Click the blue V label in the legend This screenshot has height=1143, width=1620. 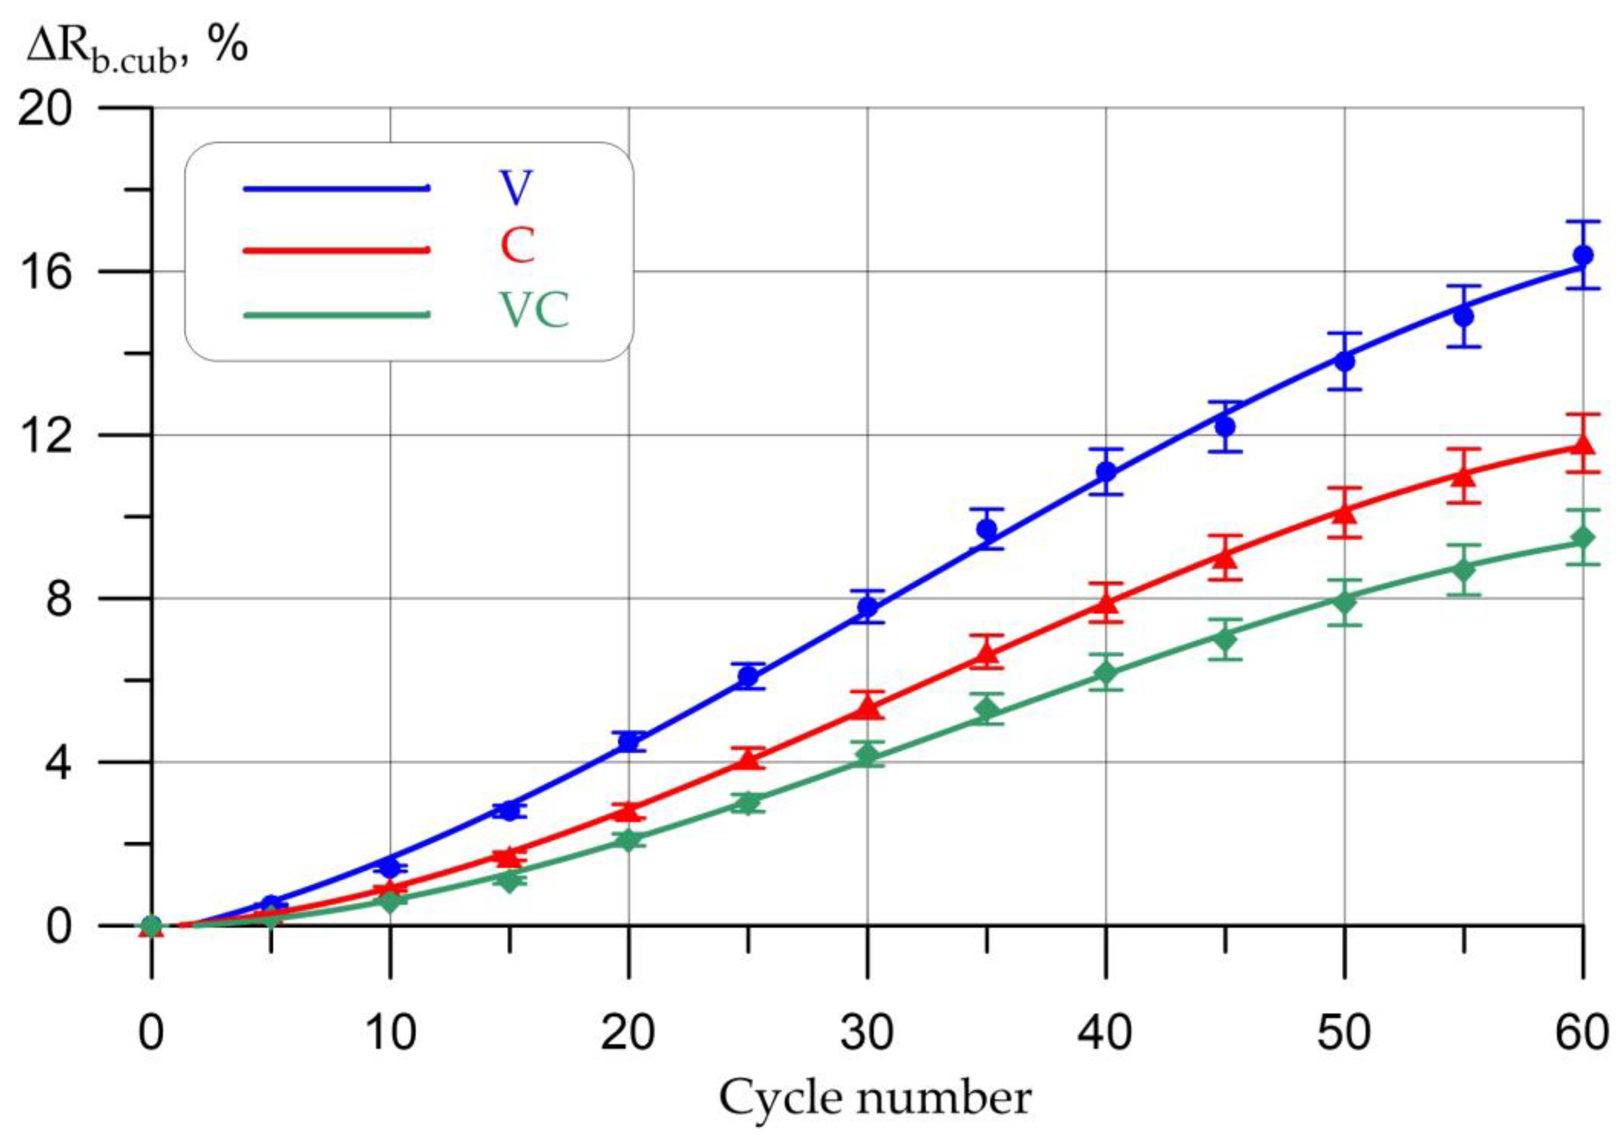pos(517,188)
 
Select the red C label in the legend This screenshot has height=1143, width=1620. pos(517,247)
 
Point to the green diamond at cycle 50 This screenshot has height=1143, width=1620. pos(1344,602)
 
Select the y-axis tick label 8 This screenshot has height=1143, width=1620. pos(59,598)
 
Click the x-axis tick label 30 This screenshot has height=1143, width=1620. pos(867,1033)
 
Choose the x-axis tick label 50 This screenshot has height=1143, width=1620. pos(1344,1033)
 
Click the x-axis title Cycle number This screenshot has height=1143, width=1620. pos(875,1099)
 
